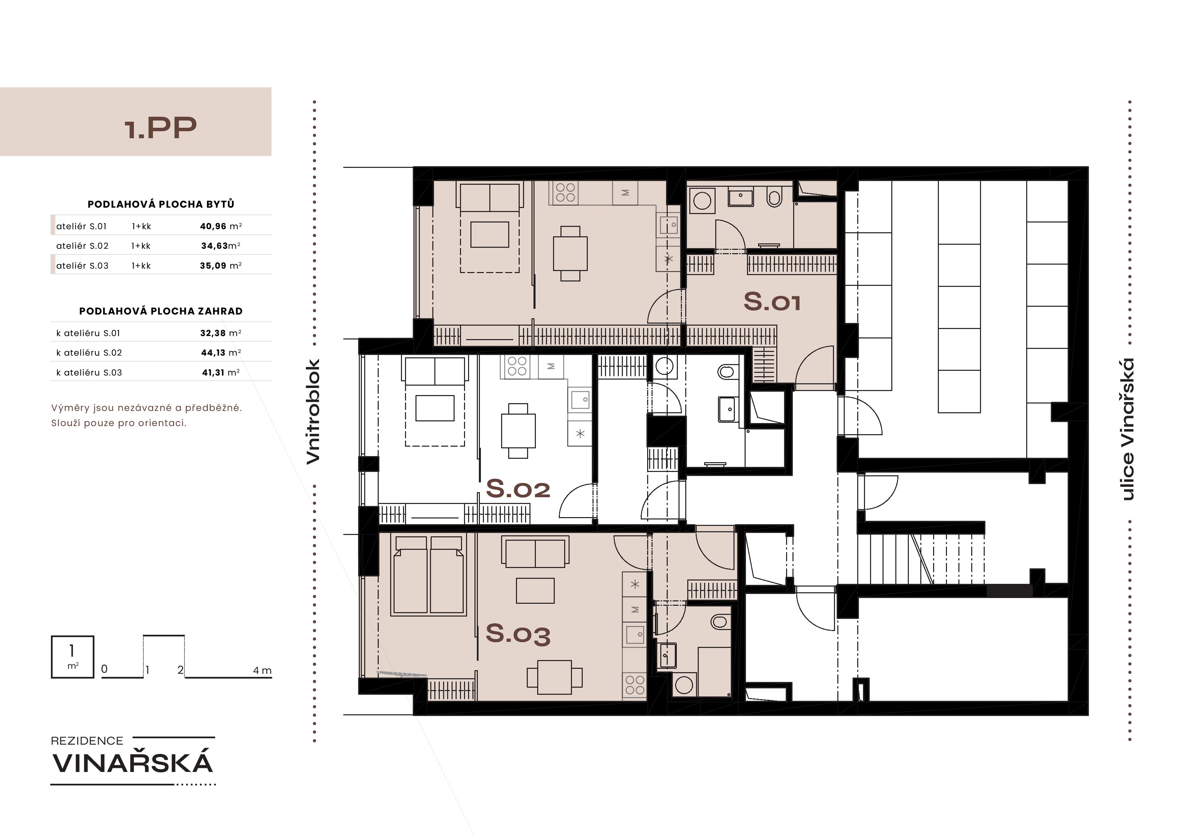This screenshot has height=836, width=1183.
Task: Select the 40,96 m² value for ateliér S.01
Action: point(221,226)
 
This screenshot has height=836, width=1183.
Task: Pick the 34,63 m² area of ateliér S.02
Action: point(221,246)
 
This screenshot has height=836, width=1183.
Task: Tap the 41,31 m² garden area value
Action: point(221,372)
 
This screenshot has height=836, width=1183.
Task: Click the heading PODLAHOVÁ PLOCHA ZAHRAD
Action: point(161,311)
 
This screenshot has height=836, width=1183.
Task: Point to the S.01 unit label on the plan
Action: point(772,301)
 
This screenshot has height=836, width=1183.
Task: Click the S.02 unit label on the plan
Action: point(518,488)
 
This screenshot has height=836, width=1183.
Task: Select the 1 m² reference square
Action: point(73,657)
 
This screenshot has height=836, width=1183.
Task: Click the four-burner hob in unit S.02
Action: point(517,366)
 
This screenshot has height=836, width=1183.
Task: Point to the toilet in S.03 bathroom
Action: point(720,622)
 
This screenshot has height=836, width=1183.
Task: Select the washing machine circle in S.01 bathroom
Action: point(702,200)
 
